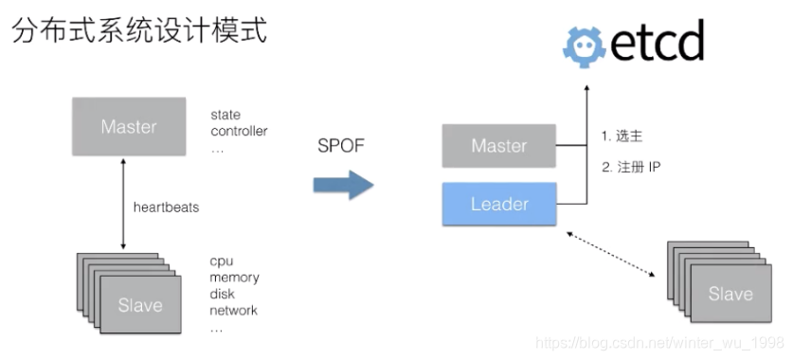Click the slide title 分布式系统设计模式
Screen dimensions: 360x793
coord(139,30)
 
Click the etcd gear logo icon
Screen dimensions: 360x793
coord(585,45)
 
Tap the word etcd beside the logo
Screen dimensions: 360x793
coord(658,43)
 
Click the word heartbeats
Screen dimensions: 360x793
coord(166,207)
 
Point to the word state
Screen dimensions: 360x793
coord(225,116)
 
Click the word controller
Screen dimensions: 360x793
coord(239,131)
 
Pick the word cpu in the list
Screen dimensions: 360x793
coord(222,261)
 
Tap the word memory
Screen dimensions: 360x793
coord(235,278)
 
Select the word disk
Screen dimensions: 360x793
coord(223,294)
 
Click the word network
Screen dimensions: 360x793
coord(234,310)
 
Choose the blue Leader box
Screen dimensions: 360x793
coord(499,203)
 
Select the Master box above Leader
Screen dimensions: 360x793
coord(499,146)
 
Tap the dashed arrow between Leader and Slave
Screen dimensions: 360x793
coord(612,253)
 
